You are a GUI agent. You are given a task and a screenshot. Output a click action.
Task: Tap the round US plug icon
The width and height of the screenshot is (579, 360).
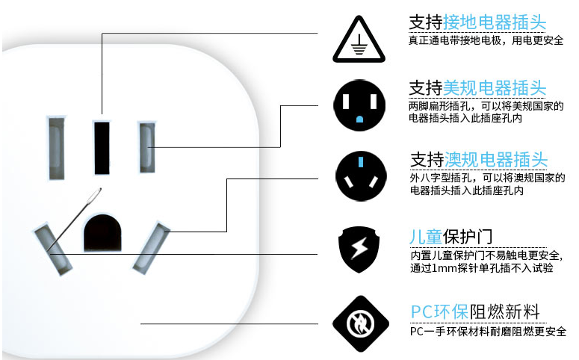[x=359, y=104]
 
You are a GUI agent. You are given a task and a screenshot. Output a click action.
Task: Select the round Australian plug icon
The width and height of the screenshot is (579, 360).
[x=359, y=176]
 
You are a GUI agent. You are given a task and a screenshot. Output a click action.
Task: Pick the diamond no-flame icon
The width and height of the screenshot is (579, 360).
[x=359, y=322]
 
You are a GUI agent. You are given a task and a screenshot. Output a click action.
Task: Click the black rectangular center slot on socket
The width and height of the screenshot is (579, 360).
[x=102, y=146]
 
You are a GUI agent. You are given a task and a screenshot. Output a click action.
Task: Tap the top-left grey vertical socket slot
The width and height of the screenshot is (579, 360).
[x=56, y=147]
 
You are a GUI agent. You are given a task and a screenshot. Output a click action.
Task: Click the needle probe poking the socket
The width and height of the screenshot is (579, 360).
[x=75, y=217]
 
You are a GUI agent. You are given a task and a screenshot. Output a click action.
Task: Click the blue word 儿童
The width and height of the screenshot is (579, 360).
[x=426, y=236]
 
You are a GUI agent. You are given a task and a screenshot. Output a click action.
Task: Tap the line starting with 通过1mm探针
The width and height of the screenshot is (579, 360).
[x=482, y=267]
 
